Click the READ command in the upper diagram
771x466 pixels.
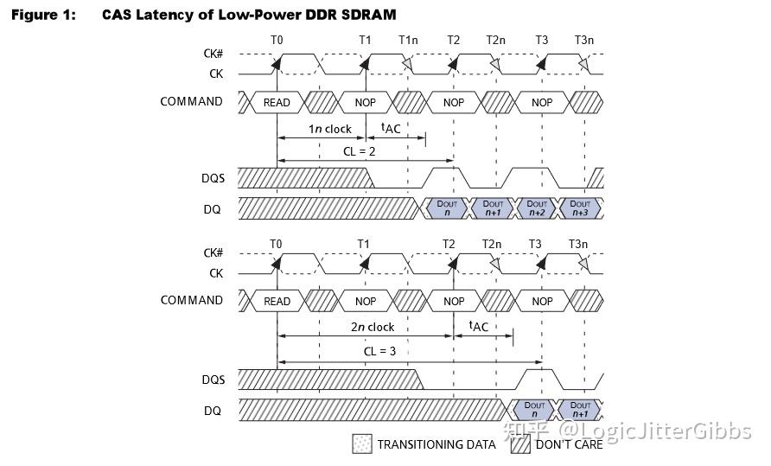(x=277, y=102)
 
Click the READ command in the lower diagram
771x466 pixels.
(x=277, y=301)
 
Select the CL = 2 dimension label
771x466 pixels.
(x=365, y=150)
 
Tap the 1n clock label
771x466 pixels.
(x=330, y=129)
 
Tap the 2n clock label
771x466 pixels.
(x=373, y=327)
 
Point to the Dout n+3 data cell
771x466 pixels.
(x=581, y=207)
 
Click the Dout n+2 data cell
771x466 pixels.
(x=536, y=207)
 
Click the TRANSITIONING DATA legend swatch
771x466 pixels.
(x=361, y=444)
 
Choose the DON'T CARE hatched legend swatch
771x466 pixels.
(x=519, y=444)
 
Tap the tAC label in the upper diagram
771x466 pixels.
(x=391, y=129)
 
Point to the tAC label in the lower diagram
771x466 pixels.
(x=478, y=327)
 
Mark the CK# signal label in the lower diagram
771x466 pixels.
(x=213, y=253)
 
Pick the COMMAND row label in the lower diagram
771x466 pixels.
(x=191, y=301)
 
